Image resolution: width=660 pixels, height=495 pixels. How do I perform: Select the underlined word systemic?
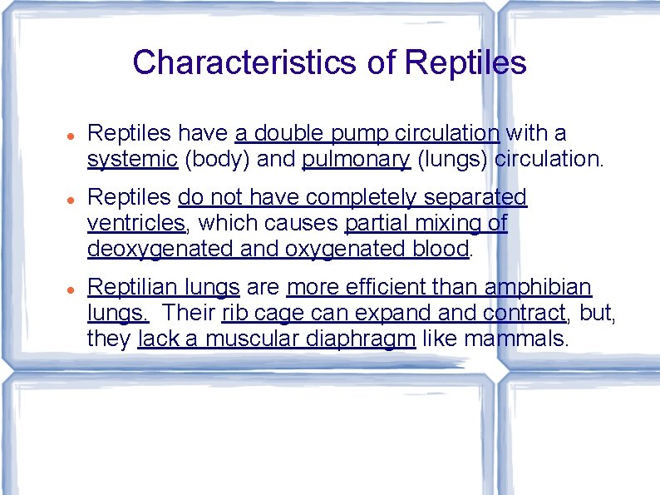[x=132, y=159]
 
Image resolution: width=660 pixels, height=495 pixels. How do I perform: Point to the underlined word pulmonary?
[x=357, y=159]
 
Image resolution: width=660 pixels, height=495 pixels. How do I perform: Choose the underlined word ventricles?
[x=136, y=223]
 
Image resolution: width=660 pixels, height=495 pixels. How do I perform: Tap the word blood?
[x=440, y=249]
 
